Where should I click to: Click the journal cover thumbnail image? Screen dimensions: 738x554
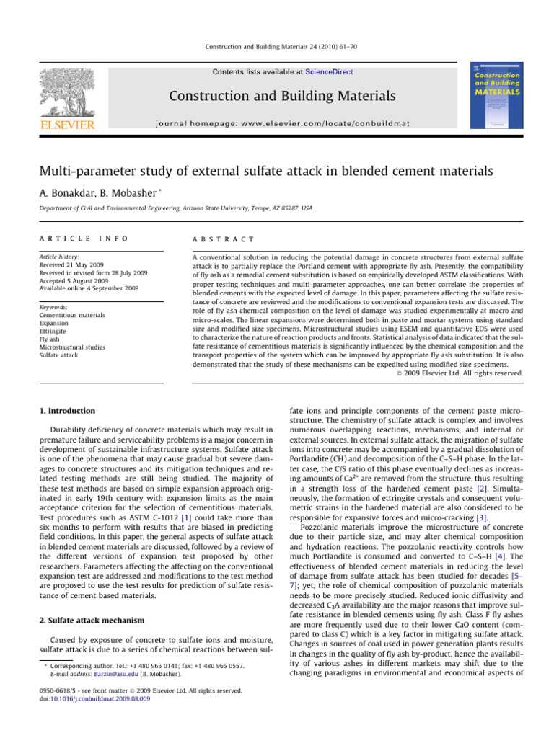[498, 97]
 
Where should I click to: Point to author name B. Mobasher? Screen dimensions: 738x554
[140, 191]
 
